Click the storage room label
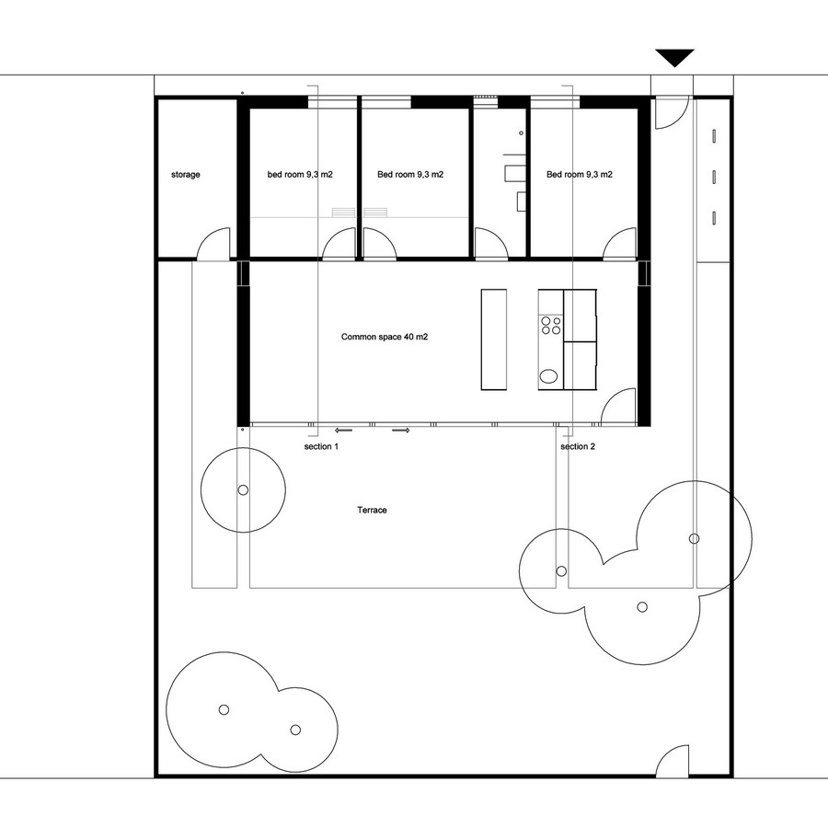coord(185,175)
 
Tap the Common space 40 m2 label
coord(385,337)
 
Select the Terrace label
coord(373,510)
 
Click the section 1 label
coord(321,447)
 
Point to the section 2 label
coord(578,447)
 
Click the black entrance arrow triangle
coord(675,57)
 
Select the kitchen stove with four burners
coord(551,325)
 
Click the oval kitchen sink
coord(548,376)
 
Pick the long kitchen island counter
coord(494,339)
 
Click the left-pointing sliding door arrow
coord(343,431)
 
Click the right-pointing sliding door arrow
coord(401,431)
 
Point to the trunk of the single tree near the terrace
coord(243,490)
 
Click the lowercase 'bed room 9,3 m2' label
coord(300,175)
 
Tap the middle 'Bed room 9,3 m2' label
coord(410,175)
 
